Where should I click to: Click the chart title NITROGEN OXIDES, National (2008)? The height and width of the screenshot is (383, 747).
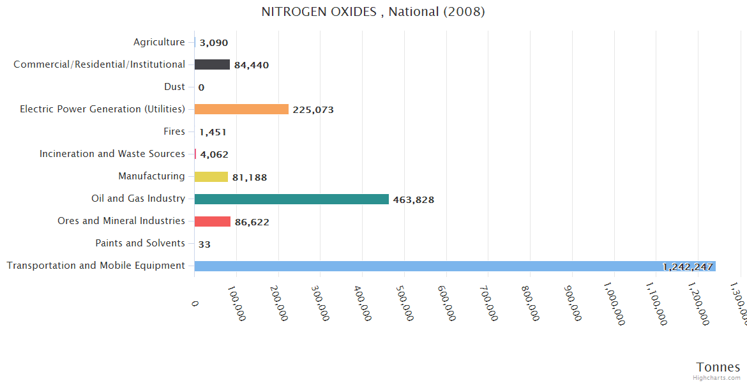point(373,12)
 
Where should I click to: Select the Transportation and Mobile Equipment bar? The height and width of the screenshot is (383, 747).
point(455,266)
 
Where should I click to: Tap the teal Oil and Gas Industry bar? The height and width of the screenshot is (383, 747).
point(291,199)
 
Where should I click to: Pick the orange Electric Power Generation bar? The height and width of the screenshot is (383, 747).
point(241,109)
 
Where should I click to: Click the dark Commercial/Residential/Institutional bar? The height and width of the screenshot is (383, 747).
point(212,64)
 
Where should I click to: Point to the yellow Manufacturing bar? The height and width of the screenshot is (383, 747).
point(211,177)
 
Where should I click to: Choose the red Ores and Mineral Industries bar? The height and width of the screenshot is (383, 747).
point(212,222)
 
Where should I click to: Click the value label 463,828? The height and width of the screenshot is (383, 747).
point(413,200)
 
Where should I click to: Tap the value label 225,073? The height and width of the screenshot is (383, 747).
point(313,110)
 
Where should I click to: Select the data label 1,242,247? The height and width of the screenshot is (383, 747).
point(687,267)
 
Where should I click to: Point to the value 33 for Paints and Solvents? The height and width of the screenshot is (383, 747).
point(204,244)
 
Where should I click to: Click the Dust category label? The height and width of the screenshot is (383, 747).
point(174,87)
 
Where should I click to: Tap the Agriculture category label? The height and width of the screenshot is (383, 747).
point(159,42)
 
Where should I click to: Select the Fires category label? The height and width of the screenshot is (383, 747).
point(174,131)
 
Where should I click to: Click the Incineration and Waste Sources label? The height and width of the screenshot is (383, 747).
point(112,154)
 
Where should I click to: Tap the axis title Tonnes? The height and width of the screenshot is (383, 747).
point(718,367)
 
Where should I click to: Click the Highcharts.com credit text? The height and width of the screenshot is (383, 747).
point(717,377)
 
